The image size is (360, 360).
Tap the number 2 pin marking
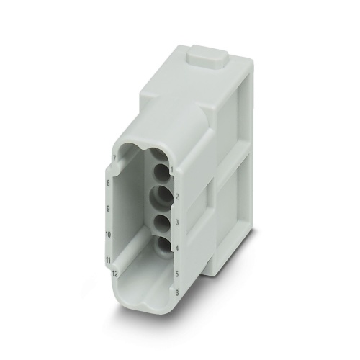coord(176,195)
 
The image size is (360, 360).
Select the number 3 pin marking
coord(176,222)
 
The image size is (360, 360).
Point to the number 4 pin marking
coord(176,249)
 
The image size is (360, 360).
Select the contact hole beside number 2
coord(161,196)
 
